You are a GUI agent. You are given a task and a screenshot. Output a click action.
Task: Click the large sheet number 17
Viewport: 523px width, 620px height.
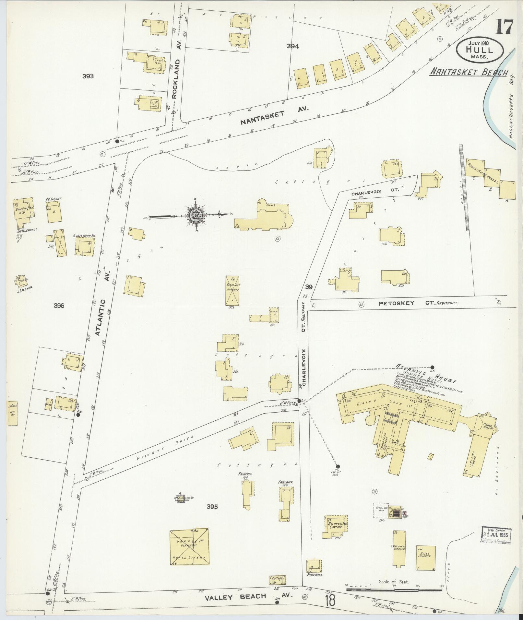click(x=504, y=27)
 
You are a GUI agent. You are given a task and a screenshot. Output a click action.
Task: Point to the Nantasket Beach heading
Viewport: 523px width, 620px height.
click(x=468, y=73)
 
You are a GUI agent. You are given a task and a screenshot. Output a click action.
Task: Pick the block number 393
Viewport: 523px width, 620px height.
click(x=88, y=76)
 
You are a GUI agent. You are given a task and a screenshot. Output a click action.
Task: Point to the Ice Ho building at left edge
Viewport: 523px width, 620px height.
click(x=12, y=413)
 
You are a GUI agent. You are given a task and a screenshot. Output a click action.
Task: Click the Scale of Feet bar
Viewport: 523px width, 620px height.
click(x=394, y=589)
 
